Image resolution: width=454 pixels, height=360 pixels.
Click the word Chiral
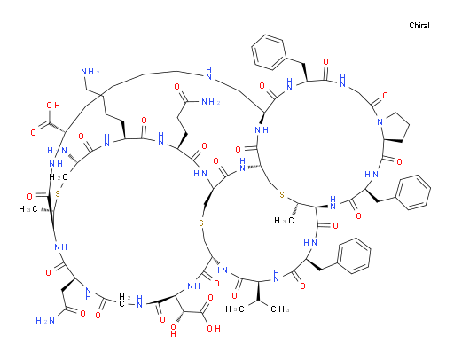[419, 26]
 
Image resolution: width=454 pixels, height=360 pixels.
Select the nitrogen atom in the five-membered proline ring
[380, 121]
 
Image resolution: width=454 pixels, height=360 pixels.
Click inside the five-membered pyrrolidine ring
[395, 127]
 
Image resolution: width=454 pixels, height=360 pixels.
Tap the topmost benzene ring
[269, 52]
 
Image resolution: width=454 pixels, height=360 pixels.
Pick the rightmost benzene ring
[413, 192]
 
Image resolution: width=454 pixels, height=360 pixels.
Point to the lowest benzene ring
[354, 255]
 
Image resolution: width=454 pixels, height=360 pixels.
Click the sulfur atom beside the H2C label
[58, 194]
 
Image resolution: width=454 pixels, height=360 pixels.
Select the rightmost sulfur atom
[282, 195]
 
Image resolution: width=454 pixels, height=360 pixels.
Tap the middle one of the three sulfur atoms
[201, 223]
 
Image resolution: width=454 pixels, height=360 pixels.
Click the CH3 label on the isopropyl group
[279, 309]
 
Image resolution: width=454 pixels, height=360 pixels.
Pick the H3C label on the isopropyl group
[235, 309]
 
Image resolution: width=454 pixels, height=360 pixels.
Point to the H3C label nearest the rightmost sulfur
[284, 221]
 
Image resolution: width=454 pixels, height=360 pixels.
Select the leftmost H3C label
[28, 209]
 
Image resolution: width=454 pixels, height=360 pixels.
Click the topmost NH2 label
[90, 72]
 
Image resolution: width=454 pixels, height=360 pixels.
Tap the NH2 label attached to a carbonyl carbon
[211, 102]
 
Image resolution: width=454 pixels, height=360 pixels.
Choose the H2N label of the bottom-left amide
[45, 321]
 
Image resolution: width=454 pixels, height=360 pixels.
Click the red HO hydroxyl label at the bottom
[173, 331]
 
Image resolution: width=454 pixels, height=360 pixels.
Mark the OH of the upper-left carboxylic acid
[53, 106]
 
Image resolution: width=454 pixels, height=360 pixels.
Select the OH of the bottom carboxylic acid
[214, 328]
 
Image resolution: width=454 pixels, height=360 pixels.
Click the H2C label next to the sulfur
[59, 177]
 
